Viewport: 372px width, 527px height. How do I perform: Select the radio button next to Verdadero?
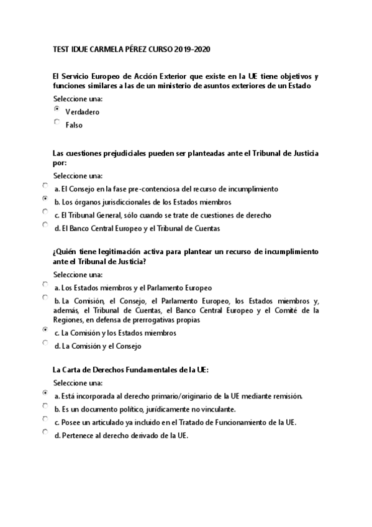57,109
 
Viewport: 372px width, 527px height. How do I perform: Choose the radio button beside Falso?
57,122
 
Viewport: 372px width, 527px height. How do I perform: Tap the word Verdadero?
82,112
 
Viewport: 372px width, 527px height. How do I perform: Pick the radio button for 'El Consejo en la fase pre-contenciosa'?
45,185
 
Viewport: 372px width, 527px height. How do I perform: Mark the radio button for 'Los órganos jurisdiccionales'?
45,198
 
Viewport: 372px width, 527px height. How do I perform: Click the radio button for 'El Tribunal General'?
45,211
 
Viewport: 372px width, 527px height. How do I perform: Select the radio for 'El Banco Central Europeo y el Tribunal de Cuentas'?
45,224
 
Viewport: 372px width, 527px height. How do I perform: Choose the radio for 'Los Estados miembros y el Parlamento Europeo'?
45,284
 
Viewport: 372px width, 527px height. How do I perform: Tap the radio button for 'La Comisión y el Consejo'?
45,342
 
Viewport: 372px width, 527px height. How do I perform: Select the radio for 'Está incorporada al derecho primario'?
45,392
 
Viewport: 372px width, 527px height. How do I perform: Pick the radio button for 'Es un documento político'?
45,405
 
